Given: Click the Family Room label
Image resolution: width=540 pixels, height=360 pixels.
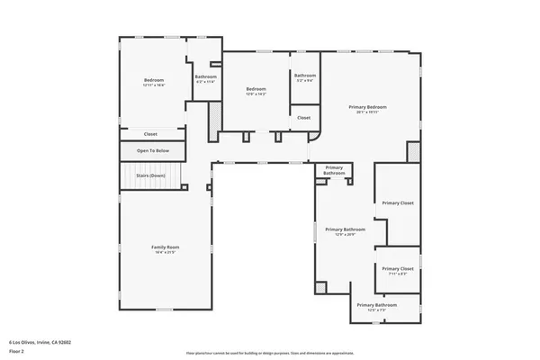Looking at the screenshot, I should point(165,247).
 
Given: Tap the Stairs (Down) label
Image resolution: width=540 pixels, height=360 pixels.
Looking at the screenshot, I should point(150,175).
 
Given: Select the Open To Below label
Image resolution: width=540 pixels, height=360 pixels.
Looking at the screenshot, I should point(151,150).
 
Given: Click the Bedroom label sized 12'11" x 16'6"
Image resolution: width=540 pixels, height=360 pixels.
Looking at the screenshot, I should point(154,81).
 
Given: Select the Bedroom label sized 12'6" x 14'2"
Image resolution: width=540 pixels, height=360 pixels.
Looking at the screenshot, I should point(256,88).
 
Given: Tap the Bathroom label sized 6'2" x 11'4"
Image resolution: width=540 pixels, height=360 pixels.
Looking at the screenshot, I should point(205,76).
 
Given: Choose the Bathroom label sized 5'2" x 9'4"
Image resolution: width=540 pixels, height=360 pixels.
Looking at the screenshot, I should point(305,75).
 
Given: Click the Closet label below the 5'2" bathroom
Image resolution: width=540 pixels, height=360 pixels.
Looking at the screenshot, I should point(304,118).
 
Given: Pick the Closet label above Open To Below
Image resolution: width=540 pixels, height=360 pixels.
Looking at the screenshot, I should point(150,134).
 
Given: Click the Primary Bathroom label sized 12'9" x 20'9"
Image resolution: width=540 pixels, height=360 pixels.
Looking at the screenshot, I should point(346,229).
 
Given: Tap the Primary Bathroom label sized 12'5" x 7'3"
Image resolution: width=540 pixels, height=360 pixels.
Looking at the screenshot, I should point(376,305).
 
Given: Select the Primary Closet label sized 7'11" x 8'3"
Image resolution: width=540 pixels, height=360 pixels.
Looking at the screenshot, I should point(397,268).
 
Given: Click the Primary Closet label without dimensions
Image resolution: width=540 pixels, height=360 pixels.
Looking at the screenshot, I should point(397,203).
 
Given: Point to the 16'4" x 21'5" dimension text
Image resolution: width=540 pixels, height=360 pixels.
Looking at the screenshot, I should point(165,253).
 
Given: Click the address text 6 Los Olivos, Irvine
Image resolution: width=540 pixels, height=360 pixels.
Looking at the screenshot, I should point(40,342).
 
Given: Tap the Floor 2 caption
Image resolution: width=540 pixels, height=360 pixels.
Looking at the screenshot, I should point(18,350).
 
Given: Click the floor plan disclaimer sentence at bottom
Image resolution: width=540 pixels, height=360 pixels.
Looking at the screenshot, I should point(269,353).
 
